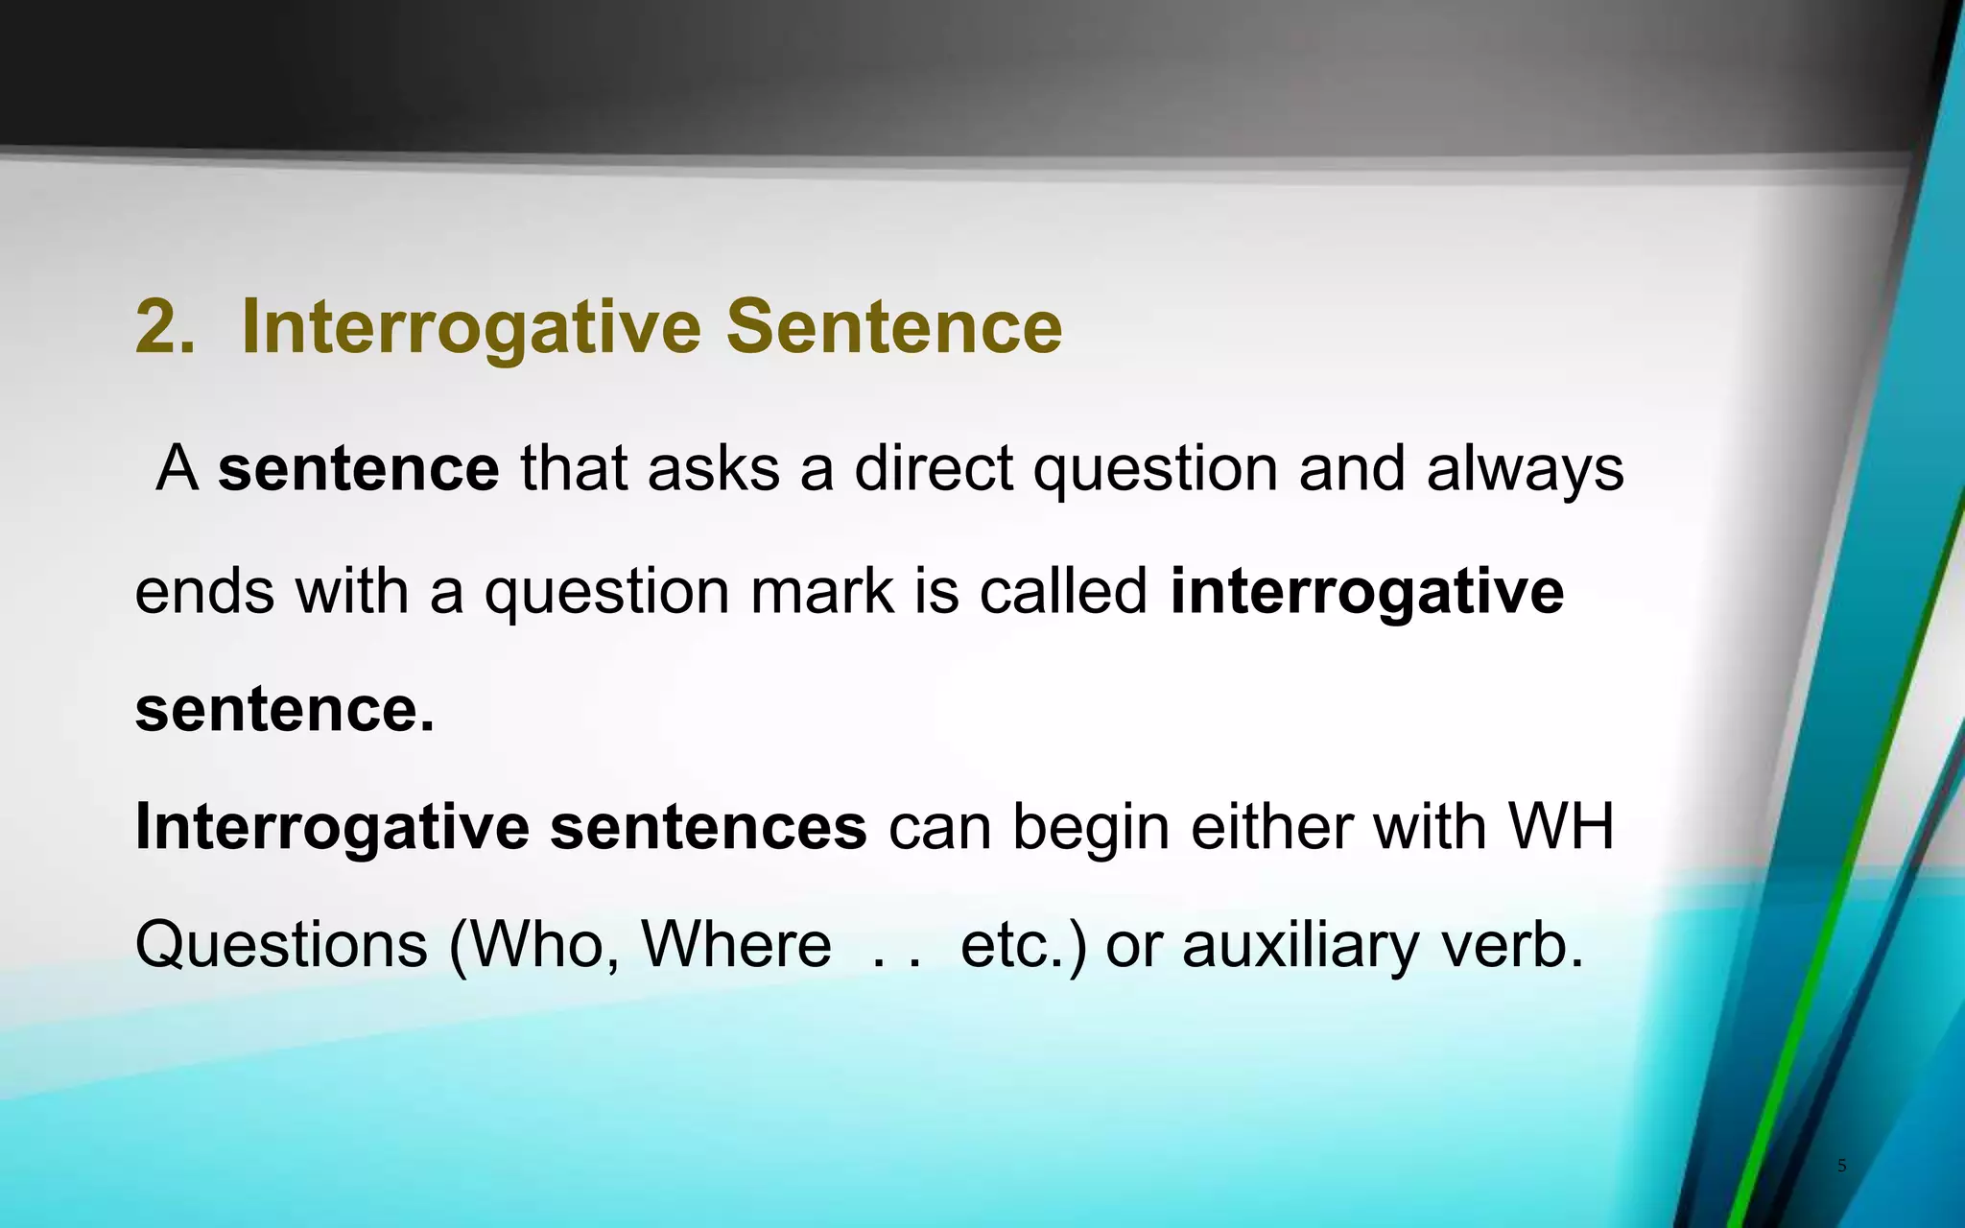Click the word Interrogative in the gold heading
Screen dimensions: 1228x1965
tap(471, 327)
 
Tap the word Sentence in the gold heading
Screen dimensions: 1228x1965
tap(893, 327)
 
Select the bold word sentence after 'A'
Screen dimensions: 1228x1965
tap(358, 469)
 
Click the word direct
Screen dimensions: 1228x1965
tap(934, 469)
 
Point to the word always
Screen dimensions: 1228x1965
tap(1525, 469)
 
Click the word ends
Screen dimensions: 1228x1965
tap(204, 590)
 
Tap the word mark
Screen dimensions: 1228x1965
tap(821, 590)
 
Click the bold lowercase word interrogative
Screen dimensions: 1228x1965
tap(1366, 590)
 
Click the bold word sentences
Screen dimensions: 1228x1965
tap(708, 827)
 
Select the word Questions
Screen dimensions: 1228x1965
tap(281, 945)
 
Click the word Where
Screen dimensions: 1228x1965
tap(736, 945)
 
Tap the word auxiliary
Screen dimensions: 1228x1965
tap(1299, 945)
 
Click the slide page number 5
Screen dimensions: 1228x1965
tap(1841, 1166)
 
